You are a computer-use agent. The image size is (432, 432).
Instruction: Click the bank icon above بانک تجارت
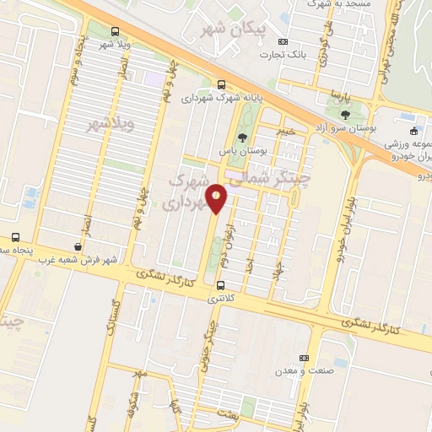(x=282, y=41)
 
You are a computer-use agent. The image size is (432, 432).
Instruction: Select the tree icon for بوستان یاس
(x=243, y=137)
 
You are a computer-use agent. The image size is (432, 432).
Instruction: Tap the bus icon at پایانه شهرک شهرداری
(x=221, y=84)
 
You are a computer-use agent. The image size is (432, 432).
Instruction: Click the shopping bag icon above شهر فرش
(x=78, y=246)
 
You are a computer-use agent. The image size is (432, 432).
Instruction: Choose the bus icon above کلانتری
(x=221, y=284)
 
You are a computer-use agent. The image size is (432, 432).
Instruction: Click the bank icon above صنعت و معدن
(x=305, y=357)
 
